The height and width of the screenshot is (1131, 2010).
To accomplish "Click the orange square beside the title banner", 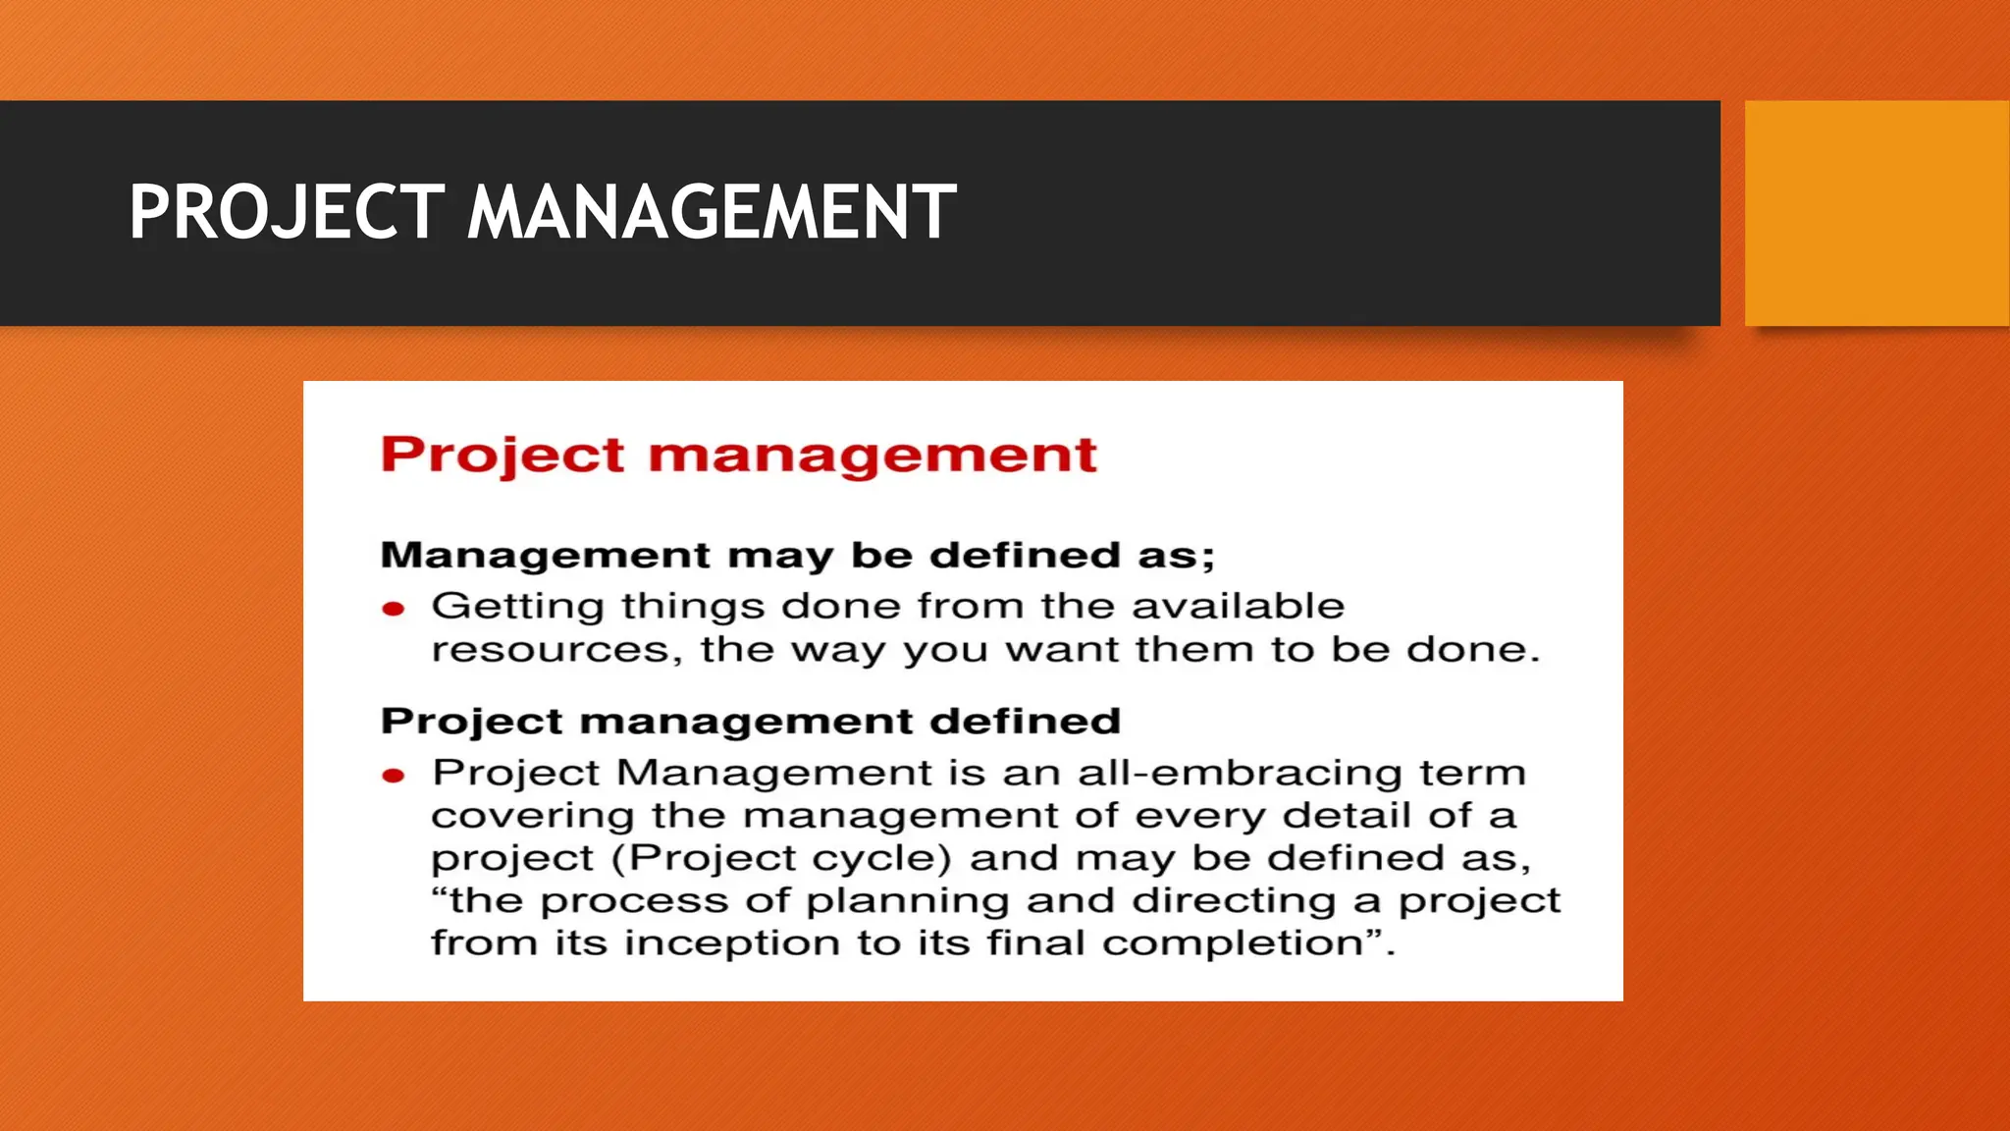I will tap(1877, 213).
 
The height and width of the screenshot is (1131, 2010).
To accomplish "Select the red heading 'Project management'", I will tap(738, 456).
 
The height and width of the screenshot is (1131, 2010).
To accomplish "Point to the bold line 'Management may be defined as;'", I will tap(797, 556).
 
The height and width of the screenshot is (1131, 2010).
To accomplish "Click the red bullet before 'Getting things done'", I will tap(394, 610).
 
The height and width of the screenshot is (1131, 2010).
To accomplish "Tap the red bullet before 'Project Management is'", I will tap(394, 776).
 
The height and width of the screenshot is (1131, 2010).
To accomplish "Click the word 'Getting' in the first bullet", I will tap(517, 607).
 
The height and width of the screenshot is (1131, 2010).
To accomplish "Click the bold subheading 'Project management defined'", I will tap(750, 722).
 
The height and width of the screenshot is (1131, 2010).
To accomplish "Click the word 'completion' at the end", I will tap(1233, 944).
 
